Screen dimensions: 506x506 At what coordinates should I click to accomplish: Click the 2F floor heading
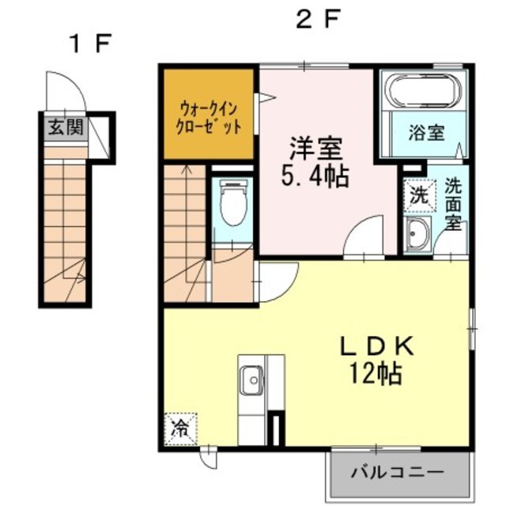click(318, 19)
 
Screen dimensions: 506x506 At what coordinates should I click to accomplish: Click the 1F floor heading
click(90, 43)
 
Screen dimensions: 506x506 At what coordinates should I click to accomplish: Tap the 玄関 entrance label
click(66, 126)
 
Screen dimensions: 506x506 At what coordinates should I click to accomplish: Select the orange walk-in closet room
click(209, 114)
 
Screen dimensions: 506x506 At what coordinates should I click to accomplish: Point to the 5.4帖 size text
click(315, 176)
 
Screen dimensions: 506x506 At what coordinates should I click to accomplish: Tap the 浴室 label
click(426, 133)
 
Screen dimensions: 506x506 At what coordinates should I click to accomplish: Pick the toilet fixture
click(233, 202)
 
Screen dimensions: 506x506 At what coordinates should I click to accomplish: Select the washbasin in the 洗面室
click(418, 234)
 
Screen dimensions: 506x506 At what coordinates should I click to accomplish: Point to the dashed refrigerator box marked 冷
click(180, 429)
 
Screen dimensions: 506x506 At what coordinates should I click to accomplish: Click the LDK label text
click(376, 346)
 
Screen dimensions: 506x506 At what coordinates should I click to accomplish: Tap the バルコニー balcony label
click(398, 473)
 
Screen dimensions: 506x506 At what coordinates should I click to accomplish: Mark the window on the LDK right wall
click(472, 329)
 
